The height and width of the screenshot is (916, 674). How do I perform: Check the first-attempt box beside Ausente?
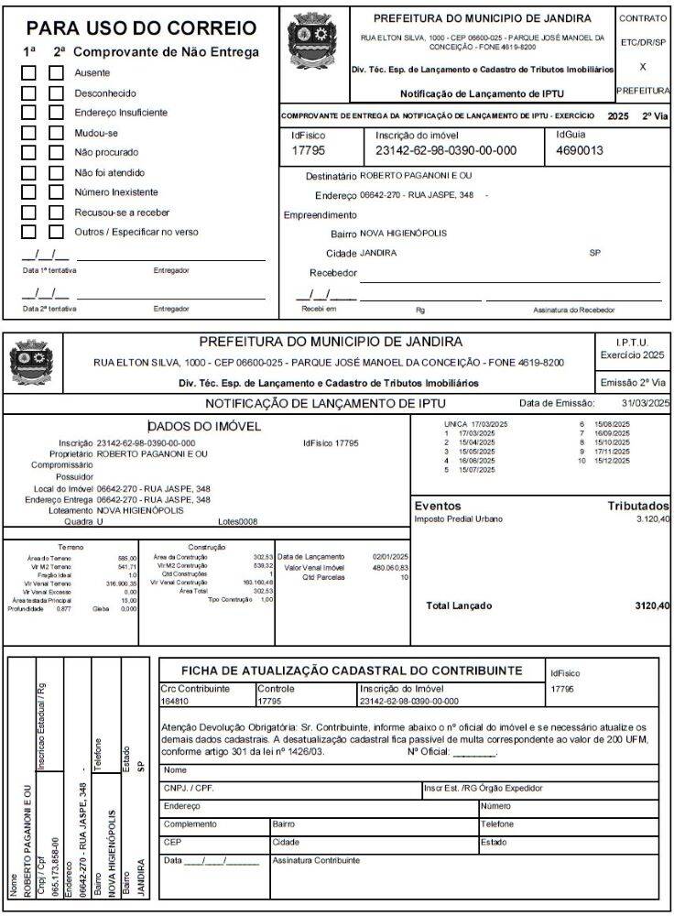pos(29,71)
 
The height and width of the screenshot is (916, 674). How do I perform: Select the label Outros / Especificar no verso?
pos(136,232)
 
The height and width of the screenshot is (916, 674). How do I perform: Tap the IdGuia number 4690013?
pos(580,150)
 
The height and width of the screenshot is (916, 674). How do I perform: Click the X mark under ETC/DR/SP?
pos(643,67)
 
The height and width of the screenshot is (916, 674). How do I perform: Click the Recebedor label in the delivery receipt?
pos(332,273)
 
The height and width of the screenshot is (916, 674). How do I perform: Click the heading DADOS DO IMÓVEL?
pos(204,426)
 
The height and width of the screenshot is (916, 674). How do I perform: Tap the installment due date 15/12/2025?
pos(611,461)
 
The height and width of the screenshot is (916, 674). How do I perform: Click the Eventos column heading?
pos(438,506)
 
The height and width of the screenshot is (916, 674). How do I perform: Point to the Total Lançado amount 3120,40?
pos(651,605)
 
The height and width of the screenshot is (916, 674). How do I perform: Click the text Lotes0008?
pos(237,521)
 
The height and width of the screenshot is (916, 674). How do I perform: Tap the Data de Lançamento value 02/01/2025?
pos(390,556)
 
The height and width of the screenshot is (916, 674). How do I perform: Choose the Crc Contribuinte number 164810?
pos(175,702)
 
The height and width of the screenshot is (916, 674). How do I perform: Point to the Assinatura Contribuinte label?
pos(316,860)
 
